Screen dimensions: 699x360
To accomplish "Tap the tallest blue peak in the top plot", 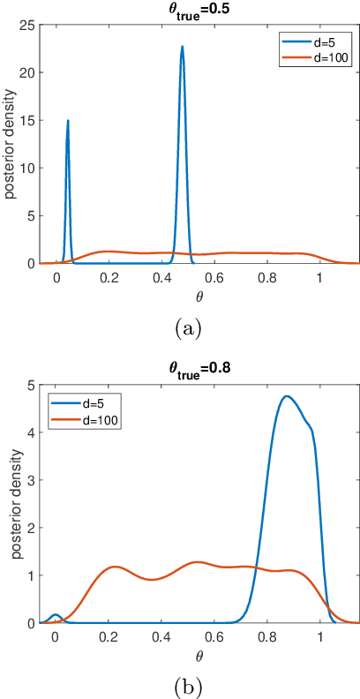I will (182, 47).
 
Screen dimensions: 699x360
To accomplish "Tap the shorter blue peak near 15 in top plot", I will (67, 96).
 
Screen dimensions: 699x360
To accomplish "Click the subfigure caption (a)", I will (188, 327).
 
